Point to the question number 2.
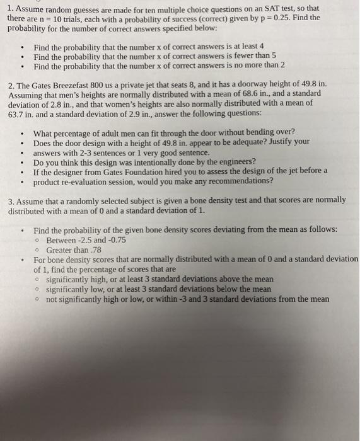pos(11,83)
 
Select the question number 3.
pos(11,200)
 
